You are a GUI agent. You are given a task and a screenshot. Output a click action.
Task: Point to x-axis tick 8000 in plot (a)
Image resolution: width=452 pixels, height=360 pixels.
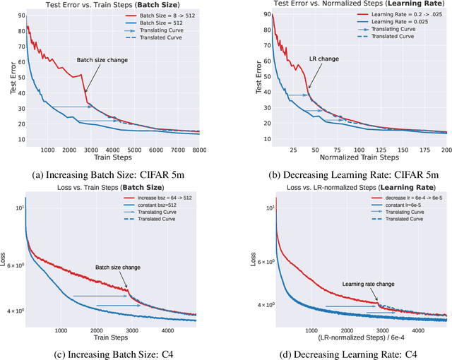198,150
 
